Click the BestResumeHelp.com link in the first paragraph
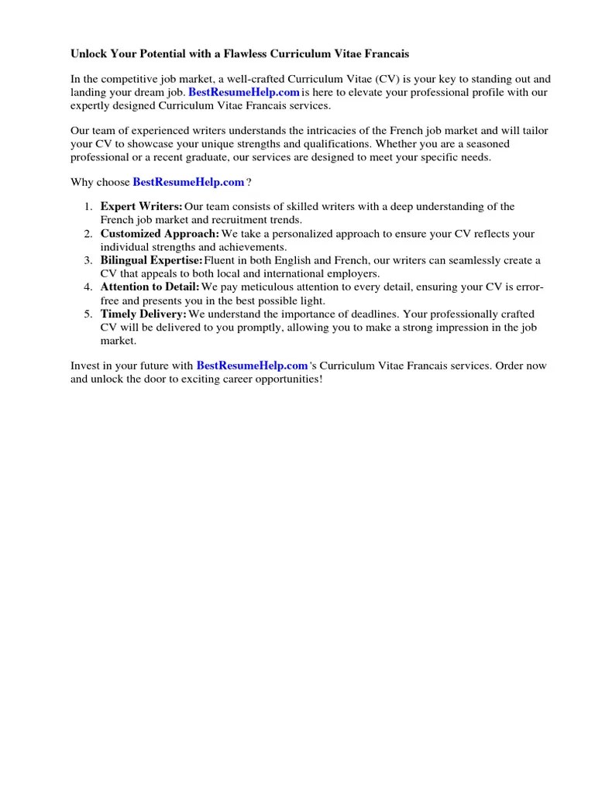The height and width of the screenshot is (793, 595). (x=244, y=92)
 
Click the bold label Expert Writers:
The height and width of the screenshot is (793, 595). (x=142, y=207)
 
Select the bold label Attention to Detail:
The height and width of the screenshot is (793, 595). (x=150, y=287)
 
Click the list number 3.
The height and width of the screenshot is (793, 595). (x=89, y=260)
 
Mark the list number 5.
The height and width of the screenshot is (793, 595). (x=89, y=314)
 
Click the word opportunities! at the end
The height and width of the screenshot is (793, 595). (x=285, y=379)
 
